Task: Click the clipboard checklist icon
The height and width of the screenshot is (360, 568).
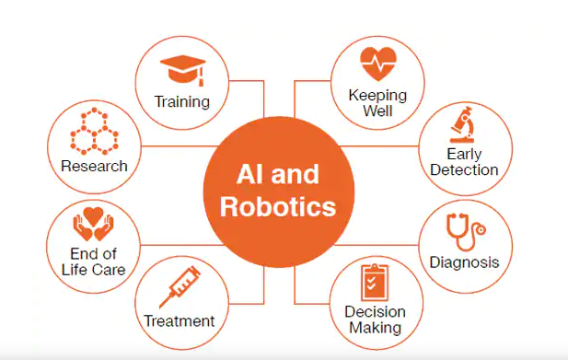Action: [374, 282]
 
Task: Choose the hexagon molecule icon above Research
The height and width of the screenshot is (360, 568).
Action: [93, 134]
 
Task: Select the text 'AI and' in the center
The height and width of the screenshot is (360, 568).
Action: [278, 174]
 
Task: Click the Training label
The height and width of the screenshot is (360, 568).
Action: [182, 101]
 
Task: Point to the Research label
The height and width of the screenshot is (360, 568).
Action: [94, 167]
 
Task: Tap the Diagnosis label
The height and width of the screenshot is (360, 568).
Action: [464, 262]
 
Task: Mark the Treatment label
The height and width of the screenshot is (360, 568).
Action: [180, 321]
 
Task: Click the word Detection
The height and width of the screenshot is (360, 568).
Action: [465, 169]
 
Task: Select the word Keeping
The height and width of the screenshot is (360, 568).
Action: [377, 95]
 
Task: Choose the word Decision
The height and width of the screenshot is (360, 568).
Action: [375, 312]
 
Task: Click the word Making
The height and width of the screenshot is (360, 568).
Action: [375, 327]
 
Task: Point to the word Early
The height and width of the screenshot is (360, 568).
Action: [465, 154]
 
